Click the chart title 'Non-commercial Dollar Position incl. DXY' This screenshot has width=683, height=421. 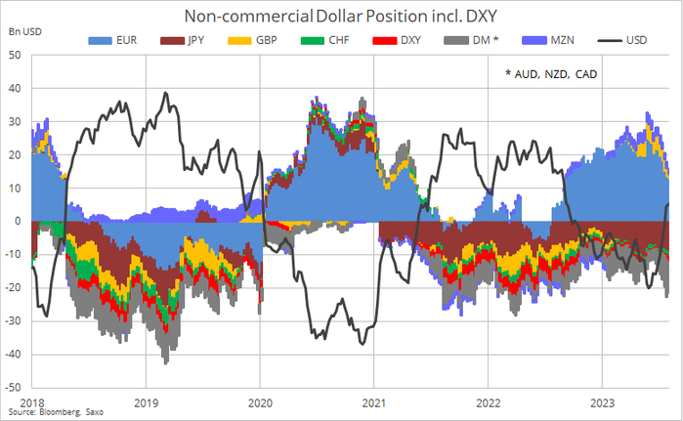(340, 16)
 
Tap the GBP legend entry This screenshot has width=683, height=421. (253, 40)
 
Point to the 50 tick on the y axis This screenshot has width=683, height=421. (16, 56)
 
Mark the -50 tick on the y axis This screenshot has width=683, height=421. (14, 387)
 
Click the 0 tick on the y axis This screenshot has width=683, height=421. (19, 221)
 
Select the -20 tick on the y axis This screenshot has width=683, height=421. (14, 287)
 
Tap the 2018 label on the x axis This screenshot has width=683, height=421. (31, 401)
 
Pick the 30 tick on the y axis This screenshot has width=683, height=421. (16, 122)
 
